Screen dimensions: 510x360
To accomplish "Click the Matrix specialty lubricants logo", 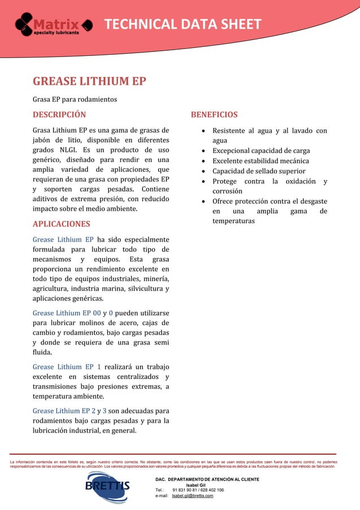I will (x=54, y=25).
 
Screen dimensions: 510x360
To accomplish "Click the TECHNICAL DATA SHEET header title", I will (x=183, y=24).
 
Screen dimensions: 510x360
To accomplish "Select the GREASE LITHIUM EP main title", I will (x=89, y=81).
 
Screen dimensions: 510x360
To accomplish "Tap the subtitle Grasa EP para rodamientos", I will (x=74, y=99).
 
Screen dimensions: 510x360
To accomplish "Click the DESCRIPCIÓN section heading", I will (x=59, y=115).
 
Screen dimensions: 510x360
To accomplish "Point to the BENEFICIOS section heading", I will (x=214, y=115).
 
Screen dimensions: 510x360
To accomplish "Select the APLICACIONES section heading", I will (x=61, y=224).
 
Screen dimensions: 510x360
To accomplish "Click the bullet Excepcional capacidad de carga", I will (x=261, y=151).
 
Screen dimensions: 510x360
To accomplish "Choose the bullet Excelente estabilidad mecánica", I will (x=260, y=161).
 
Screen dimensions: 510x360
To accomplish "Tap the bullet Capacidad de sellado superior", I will (x=258, y=171).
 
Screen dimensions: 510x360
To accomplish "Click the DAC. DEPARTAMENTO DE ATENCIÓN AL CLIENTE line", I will (x=207, y=479).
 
